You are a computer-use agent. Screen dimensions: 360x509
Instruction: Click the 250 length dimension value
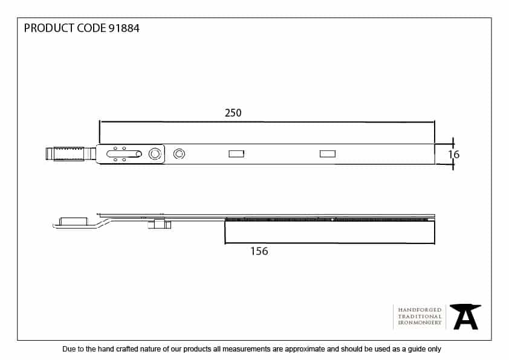pyautogui.click(x=233, y=113)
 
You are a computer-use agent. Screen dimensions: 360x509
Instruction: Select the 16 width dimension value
pyautogui.click(x=454, y=155)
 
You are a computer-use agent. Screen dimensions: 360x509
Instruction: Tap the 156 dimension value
pyautogui.click(x=259, y=251)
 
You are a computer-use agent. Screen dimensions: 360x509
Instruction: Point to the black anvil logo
pyautogui.click(x=465, y=317)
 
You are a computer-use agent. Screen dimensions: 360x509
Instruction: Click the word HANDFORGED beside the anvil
pyautogui.click(x=420, y=310)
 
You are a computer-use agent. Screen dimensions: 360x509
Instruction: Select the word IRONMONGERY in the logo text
pyautogui.click(x=420, y=323)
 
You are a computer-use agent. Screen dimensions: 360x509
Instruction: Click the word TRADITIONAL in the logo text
pyautogui.click(x=420, y=317)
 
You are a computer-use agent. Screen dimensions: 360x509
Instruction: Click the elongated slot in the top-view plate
pyautogui.click(x=123, y=154)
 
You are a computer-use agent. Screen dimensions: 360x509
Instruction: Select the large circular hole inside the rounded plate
pyautogui.click(x=155, y=154)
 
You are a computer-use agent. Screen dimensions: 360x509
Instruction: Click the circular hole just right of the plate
pyautogui.click(x=178, y=154)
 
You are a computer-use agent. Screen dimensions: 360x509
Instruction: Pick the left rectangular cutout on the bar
pyautogui.click(x=236, y=154)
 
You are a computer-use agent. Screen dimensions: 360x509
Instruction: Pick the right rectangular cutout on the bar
pyautogui.click(x=327, y=154)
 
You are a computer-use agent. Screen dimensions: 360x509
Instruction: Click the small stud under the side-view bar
pyautogui.click(x=160, y=225)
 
